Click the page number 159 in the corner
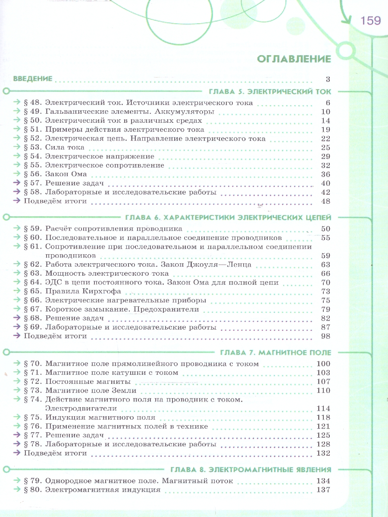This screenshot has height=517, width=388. [370, 20]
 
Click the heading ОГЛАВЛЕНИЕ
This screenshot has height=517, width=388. [294, 59]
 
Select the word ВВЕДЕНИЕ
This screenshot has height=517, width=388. [33, 78]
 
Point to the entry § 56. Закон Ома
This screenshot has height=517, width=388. [56, 174]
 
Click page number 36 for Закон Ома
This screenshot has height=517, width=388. [325, 174]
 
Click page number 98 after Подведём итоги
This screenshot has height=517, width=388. [325, 336]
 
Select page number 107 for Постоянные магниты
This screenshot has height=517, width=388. [323, 382]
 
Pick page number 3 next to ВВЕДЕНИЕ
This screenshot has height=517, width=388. [328, 78]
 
